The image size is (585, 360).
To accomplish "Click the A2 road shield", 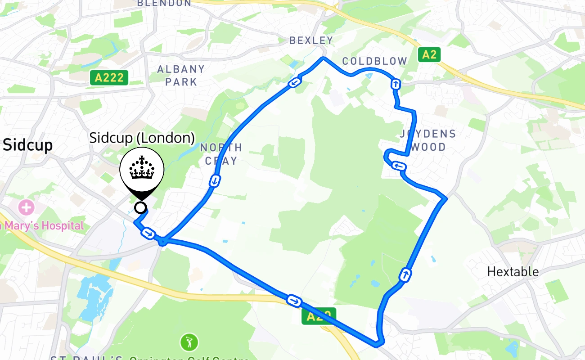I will coord(429,55).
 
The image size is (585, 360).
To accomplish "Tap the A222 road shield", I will coord(109,77).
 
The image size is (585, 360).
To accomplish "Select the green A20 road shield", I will coord(319,316).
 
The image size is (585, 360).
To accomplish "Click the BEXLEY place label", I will coord(311,40).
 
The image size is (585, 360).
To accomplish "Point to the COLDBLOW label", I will coord(374,61).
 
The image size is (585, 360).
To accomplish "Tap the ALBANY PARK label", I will coord(181,76).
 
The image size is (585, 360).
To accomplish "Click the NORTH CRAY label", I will coord(221,154).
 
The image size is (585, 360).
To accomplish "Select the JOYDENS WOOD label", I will coord(427,140).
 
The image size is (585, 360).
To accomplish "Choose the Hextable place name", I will coord(513,272).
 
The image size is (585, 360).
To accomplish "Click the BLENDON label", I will coord(164,3).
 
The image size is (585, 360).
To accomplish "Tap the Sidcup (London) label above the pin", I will coord(142,138).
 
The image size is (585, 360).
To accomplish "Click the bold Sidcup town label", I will coord(28,145).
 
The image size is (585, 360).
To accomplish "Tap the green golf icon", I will coord(189,342).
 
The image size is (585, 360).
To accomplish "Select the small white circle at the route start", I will coord(141,207).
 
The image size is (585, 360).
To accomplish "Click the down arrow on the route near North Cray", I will coord(215,181).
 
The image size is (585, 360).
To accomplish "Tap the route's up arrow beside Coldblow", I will coord(396,84).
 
